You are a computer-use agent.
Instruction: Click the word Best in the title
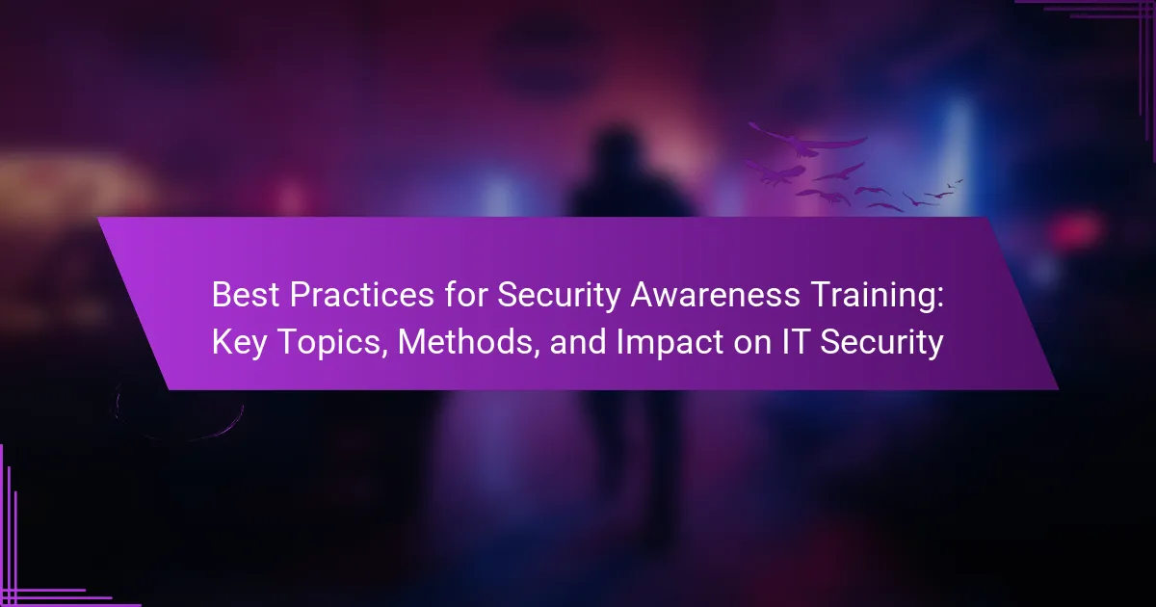[246, 295]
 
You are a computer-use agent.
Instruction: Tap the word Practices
[361, 295]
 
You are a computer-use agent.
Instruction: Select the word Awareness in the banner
[715, 295]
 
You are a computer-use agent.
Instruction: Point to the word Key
[240, 343]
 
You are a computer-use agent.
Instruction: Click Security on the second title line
[881, 343]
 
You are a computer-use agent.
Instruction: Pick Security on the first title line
[559, 297]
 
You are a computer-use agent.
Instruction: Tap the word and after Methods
[578, 342]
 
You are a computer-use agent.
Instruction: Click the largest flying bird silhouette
[807, 140]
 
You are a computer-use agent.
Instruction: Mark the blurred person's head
[616, 152]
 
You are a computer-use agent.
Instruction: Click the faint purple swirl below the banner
[176, 413]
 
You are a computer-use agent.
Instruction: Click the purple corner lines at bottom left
[31, 567]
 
